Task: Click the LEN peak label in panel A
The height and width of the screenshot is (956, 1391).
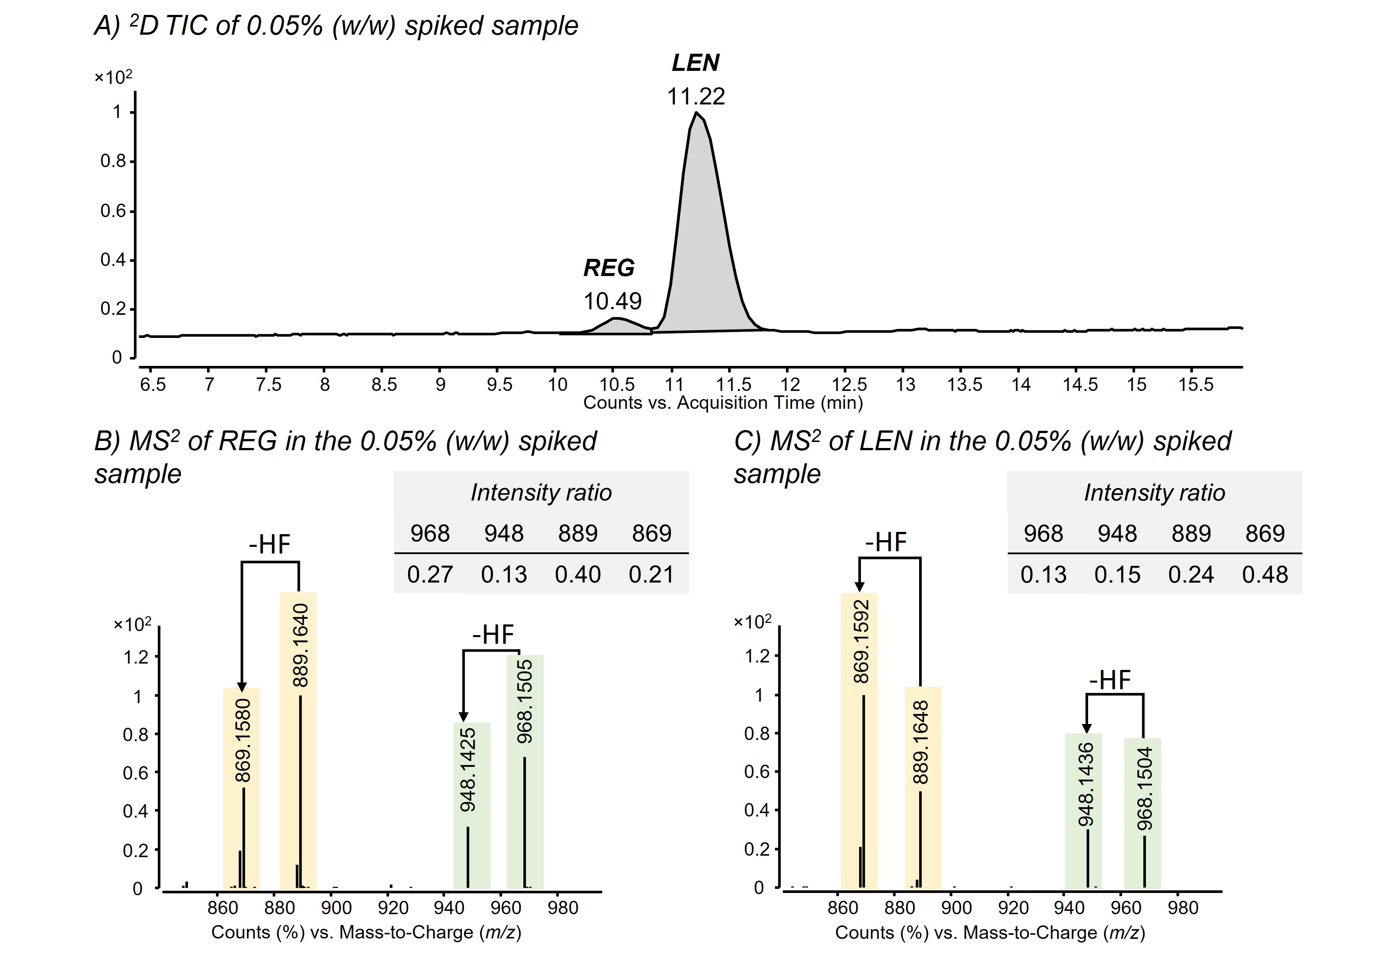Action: coord(695,63)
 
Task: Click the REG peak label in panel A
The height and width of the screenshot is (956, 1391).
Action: coord(609,268)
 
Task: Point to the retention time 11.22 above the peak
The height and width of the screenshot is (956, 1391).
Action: coord(696,97)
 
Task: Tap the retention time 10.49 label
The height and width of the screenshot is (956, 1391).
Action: coord(612,301)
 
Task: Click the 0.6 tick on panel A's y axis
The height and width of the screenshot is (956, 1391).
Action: coord(113,211)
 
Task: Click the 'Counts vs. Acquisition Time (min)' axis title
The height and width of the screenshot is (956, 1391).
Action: coord(723,402)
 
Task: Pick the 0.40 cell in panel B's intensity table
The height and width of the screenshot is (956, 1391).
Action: coord(577,574)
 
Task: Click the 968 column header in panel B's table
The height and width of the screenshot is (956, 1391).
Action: coord(430,533)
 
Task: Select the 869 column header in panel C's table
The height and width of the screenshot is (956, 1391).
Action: coord(1265,533)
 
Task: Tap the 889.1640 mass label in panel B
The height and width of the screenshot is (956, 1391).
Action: coord(300,645)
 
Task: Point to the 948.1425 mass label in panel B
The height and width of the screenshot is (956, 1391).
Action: coord(467,770)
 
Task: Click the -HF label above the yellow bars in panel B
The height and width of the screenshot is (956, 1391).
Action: coord(270,545)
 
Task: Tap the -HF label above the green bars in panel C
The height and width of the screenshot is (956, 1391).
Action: coord(1110,680)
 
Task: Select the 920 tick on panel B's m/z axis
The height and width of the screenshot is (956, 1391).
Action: coord(393,908)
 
